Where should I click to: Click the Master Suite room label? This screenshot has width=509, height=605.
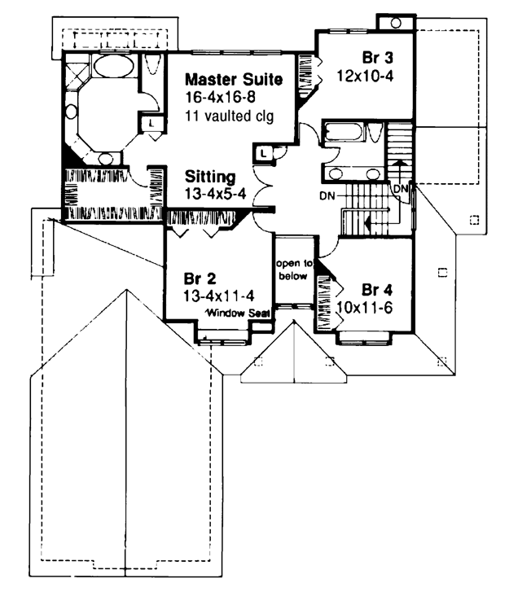pyautogui.click(x=234, y=80)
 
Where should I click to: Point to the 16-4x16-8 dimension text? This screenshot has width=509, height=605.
pyautogui.click(x=221, y=97)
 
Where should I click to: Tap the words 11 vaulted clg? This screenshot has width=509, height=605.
pyautogui.click(x=230, y=116)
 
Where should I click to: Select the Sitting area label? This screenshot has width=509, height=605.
pyautogui.click(x=210, y=177)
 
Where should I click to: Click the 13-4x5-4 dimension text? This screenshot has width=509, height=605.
pyautogui.click(x=215, y=194)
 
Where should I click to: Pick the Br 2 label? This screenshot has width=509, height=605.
pyautogui.click(x=200, y=278)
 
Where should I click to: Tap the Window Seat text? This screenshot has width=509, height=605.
pyautogui.click(x=238, y=313)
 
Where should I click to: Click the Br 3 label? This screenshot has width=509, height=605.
pyautogui.click(x=377, y=58)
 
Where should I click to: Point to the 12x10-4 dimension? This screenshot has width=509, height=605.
pyautogui.click(x=365, y=76)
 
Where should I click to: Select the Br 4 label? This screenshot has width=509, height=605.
pyautogui.click(x=376, y=289)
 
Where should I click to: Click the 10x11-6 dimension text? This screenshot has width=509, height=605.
pyautogui.click(x=365, y=308)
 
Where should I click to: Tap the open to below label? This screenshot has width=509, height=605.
pyautogui.click(x=293, y=270)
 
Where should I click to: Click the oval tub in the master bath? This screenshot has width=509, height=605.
pyautogui.click(x=114, y=67)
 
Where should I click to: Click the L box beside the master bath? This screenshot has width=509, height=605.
pyautogui.click(x=151, y=124)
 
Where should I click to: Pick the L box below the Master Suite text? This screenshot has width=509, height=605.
pyautogui.click(x=264, y=153)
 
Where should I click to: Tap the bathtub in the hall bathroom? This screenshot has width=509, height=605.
pyautogui.click(x=344, y=132)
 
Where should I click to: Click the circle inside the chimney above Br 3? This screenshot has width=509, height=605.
pyautogui.click(x=396, y=23)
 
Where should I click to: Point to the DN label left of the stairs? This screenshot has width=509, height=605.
pyautogui.click(x=327, y=196)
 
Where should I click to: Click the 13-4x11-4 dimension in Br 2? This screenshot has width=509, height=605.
pyautogui.click(x=219, y=296)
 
